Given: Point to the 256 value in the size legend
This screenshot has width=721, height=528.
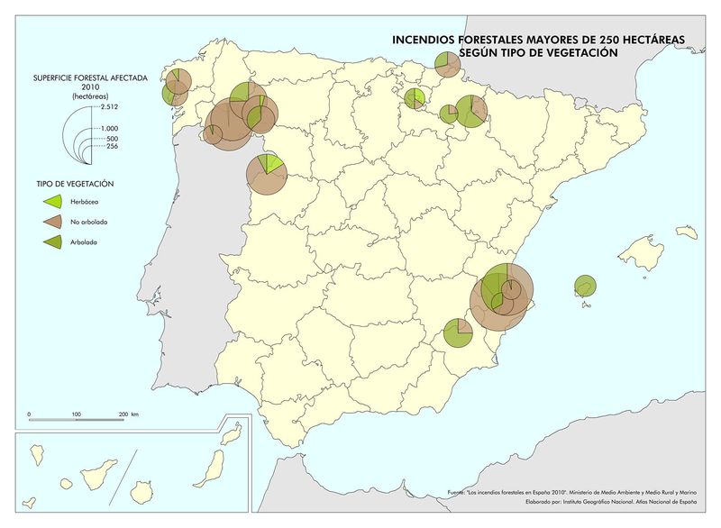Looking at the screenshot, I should click(113, 147).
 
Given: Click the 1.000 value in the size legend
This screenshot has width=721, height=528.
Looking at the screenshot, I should click(110, 128).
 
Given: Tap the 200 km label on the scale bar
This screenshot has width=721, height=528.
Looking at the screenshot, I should click(128, 414).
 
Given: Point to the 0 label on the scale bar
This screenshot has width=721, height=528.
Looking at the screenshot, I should click(30, 414).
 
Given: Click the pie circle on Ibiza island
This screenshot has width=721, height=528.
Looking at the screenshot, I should click(585, 286).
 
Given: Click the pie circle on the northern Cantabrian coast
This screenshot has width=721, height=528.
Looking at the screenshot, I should click(446, 64).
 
